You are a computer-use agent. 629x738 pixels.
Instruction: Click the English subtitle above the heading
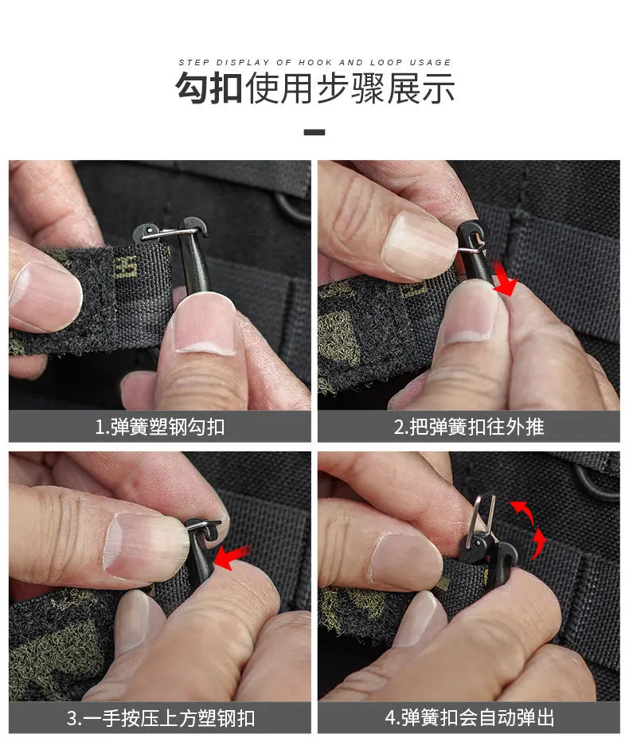pyautogui.click(x=314, y=62)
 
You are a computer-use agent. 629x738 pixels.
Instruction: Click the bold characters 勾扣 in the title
pyautogui.click(x=209, y=88)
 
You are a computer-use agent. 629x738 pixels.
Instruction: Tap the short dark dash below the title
pyautogui.click(x=314, y=132)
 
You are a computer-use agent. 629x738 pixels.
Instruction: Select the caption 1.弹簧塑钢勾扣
pyautogui.click(x=159, y=427)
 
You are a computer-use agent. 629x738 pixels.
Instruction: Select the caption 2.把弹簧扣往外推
pyautogui.click(x=469, y=427)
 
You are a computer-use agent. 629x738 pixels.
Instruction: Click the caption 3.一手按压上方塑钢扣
pyautogui.click(x=161, y=718)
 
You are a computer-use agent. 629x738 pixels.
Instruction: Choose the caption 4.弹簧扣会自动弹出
pyautogui.click(x=470, y=718)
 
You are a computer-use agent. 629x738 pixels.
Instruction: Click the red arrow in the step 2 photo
pyautogui.click(x=505, y=279)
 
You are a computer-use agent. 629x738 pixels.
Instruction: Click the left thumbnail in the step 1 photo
pyautogui.click(x=45, y=297)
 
